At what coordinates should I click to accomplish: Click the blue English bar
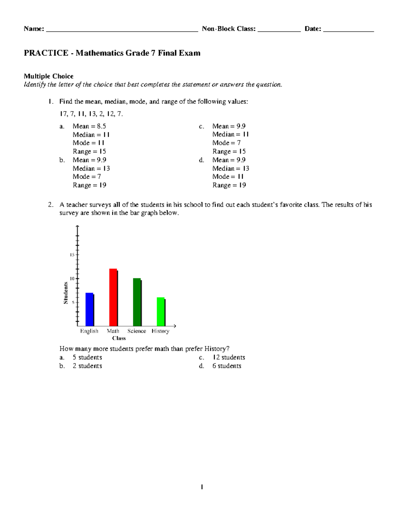(x=90, y=309)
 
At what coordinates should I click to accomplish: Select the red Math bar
(x=113, y=297)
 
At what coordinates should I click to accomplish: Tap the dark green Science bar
(x=137, y=302)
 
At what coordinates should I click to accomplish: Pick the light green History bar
(x=161, y=312)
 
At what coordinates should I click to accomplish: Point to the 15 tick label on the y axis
(x=72, y=255)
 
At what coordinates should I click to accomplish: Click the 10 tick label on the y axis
(x=72, y=279)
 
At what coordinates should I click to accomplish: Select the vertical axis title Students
(x=66, y=293)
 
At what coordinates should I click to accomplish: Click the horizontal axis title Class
(x=119, y=338)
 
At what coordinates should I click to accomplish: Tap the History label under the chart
(x=160, y=331)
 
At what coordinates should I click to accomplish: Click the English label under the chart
(x=89, y=331)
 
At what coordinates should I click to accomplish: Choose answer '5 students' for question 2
(x=87, y=357)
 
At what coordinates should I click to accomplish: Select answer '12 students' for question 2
(x=229, y=357)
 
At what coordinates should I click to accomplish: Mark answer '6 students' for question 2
(x=227, y=366)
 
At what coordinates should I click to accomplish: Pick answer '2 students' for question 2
(x=87, y=366)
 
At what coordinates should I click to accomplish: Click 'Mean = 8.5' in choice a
(x=89, y=126)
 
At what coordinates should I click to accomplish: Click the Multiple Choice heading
(x=48, y=76)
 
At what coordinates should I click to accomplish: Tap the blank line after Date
(x=348, y=29)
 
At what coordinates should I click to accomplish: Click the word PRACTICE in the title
(x=46, y=53)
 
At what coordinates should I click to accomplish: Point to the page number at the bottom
(x=202, y=487)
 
